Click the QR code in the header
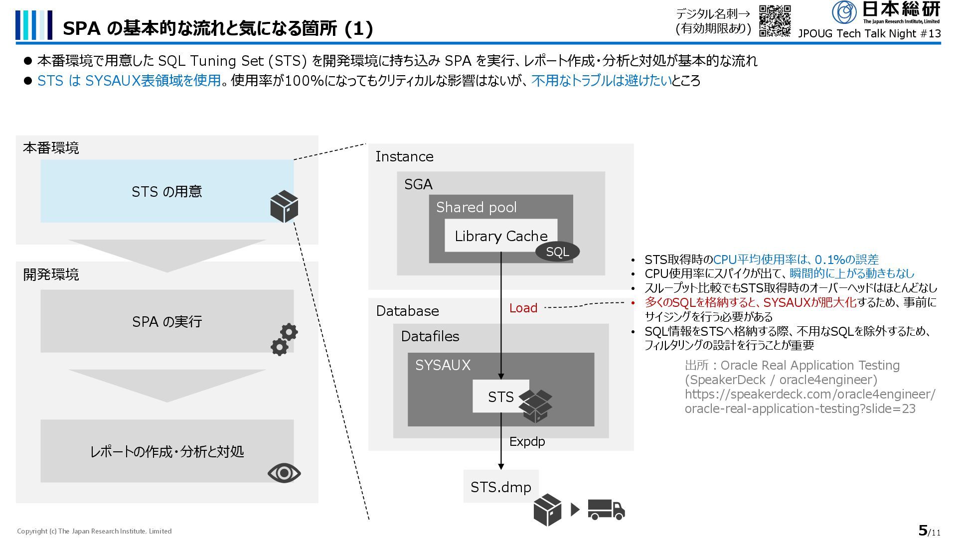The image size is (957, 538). tap(775, 21)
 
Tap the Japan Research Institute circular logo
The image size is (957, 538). tap(844, 12)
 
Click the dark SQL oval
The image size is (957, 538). tap(557, 252)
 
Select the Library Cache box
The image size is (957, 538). tap(501, 236)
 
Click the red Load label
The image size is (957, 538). tap(523, 308)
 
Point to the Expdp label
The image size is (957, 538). tap(527, 441)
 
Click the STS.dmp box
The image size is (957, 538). tap(501, 486)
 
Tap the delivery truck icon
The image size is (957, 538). tap(606, 509)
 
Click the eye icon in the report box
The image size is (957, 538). tap(284, 473)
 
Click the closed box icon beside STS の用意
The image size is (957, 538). tap(284, 206)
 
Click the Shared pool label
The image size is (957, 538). tap(476, 207)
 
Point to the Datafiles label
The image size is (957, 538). tap(430, 336)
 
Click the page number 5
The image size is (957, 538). tap(923, 530)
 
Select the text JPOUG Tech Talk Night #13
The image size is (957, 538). tap(869, 33)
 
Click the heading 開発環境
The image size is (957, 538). tap(51, 274)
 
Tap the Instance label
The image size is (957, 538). tap(404, 156)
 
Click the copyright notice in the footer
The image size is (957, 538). tap(94, 531)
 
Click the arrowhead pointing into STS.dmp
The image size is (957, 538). tap(501, 466)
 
